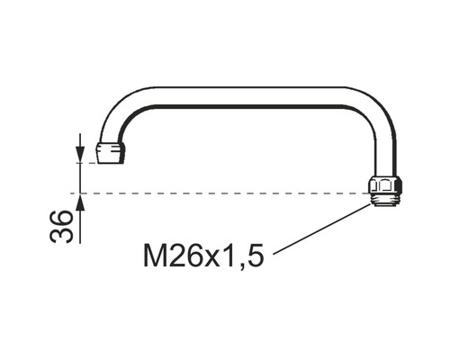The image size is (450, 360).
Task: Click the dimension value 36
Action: click(61, 227)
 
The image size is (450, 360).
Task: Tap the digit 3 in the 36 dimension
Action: click(61, 235)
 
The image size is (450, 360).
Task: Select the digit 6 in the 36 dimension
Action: click(61, 218)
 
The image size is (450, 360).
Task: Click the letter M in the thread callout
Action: click(155, 256)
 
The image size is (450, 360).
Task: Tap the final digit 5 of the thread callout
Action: click(256, 256)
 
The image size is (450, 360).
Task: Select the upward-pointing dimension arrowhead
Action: click(80, 202)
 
